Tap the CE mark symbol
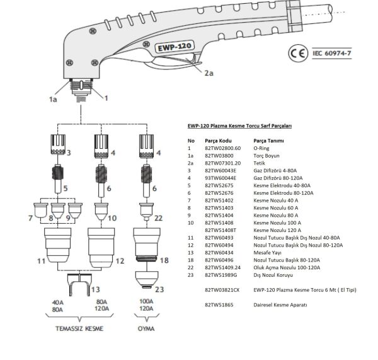tap(299, 54)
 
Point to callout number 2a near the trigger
tap(210, 73)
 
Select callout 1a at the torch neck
tap(54, 98)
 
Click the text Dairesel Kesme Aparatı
tap(281, 305)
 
